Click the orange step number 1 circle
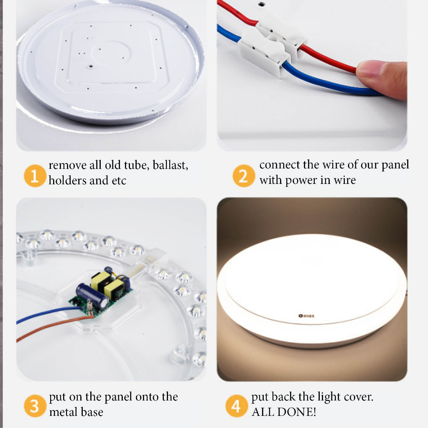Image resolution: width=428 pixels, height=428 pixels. click(x=35, y=176)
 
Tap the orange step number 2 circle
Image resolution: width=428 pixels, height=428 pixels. click(x=244, y=176)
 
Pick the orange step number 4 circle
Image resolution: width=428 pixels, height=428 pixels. click(x=237, y=405)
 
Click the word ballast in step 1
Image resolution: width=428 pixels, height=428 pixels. click(x=170, y=165)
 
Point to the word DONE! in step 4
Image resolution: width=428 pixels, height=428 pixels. click(x=296, y=412)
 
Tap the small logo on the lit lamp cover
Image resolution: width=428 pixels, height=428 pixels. click(x=306, y=316)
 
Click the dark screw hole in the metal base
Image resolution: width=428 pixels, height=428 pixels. click(x=89, y=66)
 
